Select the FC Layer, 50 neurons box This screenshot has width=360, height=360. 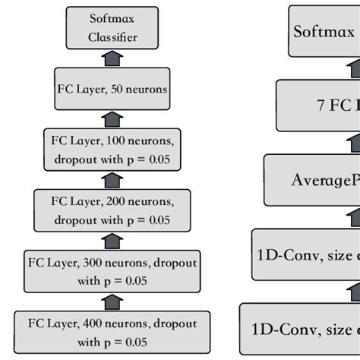[112, 88]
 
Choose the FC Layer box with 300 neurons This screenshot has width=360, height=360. [112, 270]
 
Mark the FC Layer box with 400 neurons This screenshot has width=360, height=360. [112, 331]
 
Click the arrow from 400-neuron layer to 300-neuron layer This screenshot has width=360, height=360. [112, 301]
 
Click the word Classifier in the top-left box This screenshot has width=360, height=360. [112, 37]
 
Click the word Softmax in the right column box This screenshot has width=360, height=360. [324, 31]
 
